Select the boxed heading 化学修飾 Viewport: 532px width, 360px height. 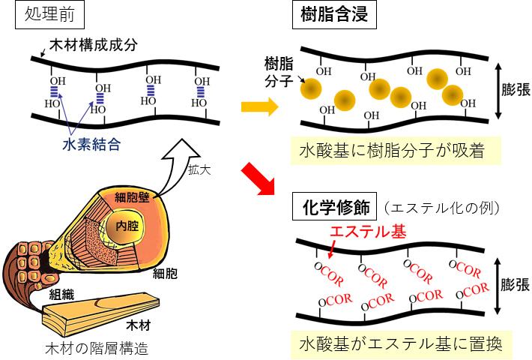pyautogui.click(x=335, y=205)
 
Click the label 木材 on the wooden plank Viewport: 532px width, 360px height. pyautogui.click(x=134, y=325)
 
